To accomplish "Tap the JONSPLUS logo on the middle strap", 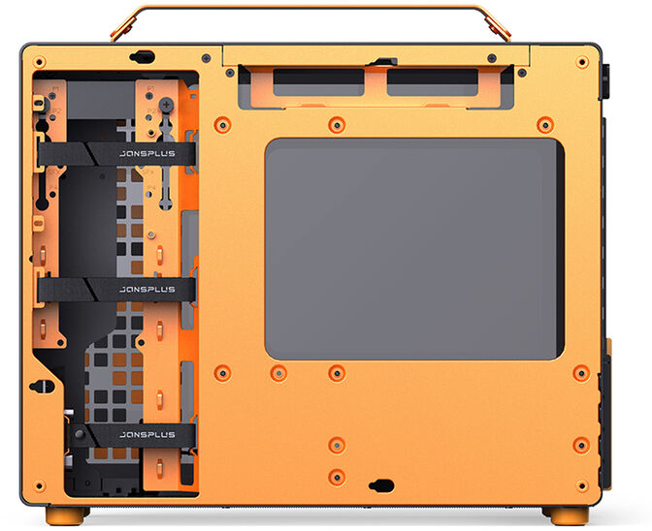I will coord(147,290).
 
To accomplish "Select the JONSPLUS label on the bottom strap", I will coord(147,435).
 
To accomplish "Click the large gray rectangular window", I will coord(414,248).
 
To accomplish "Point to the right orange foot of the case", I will coord(563,514).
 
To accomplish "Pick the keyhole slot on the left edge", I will coord(40,386).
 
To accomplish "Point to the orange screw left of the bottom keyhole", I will coord(336,476).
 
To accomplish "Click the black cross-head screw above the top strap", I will coord(166,105).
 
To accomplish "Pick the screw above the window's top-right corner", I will coord(544,123).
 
